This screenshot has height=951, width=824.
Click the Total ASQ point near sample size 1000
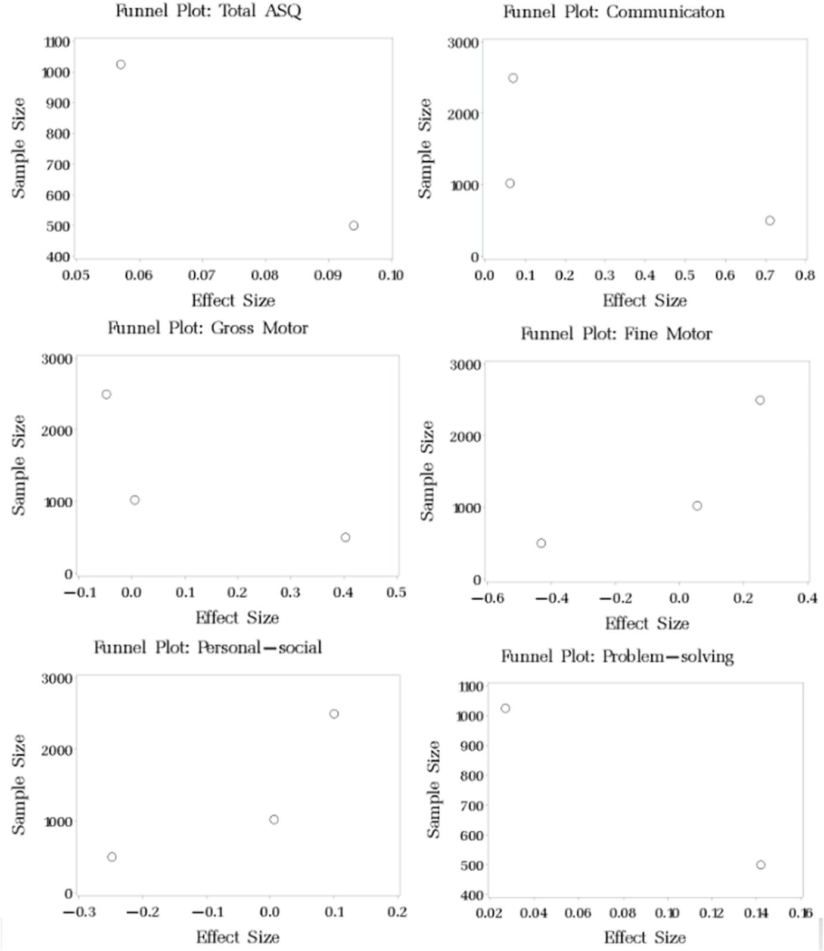coord(121,64)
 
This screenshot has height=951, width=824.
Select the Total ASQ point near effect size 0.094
coord(354,226)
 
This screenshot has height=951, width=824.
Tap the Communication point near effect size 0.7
coord(770,221)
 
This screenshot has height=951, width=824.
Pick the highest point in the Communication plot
coord(513,78)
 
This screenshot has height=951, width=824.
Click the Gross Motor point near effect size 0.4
coord(346,537)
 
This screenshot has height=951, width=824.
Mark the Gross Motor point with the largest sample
coord(107,394)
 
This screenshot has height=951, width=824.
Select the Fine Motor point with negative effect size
coord(541,543)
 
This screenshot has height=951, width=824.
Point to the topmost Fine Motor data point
coord(760,400)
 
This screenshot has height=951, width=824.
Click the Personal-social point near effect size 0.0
coord(274,820)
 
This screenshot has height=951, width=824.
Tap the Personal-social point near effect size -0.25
coord(112,857)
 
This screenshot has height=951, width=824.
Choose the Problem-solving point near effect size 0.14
coord(761,865)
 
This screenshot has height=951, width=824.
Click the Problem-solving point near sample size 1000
coord(505,708)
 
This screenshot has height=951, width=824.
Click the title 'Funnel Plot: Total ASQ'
coord(208,11)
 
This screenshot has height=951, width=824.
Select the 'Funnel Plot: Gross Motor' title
coord(208,328)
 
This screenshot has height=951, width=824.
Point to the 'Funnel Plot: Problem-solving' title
coord(617,657)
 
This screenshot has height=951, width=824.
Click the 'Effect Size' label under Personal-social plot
coord(237,937)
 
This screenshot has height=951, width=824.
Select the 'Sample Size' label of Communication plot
coord(424,148)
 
